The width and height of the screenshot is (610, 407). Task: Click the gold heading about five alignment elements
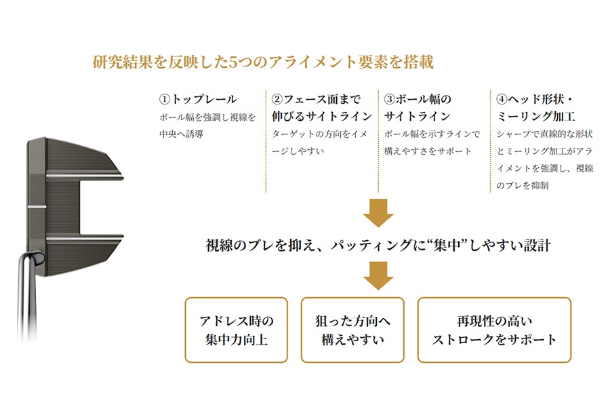[263, 62]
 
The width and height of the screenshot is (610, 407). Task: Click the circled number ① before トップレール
[165, 99]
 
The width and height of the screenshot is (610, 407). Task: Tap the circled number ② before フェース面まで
[277, 99]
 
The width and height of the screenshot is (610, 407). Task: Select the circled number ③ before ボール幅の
[390, 99]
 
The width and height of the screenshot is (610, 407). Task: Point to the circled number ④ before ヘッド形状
[502, 99]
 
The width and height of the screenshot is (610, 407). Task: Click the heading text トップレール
[204, 99]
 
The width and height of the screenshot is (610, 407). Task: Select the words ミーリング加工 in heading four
[535, 117]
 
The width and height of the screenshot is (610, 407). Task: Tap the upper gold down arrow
[378, 212]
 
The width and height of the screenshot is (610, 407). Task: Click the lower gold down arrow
[378, 276]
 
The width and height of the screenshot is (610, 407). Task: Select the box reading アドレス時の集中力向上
[236, 330]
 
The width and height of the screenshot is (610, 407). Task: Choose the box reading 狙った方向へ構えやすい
[352, 330]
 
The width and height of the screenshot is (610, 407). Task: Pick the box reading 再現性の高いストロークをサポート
[495, 330]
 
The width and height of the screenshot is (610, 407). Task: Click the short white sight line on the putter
[37, 207]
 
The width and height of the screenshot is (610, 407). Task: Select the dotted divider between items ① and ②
[266, 141]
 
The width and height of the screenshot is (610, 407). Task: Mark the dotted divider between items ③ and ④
[491, 141]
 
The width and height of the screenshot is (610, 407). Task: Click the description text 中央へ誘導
[181, 134]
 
